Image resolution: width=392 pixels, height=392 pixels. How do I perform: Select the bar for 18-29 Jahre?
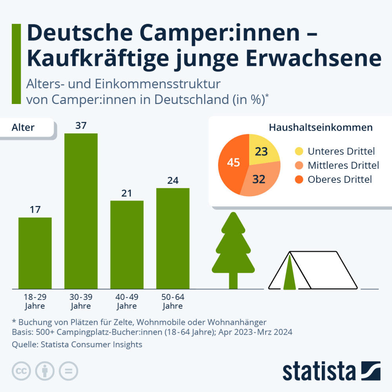pos(35,253)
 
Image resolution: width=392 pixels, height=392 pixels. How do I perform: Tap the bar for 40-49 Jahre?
pos(127,245)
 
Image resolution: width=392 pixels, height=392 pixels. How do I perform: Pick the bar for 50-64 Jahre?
pos(173,239)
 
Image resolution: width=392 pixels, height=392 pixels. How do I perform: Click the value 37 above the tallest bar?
pos(81,126)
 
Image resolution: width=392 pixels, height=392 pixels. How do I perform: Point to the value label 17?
pos(35,210)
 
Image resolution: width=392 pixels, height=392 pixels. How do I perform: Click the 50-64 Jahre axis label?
pos(173,301)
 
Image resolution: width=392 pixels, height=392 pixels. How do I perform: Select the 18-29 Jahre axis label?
pos(35,301)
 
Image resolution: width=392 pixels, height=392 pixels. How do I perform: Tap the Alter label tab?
pos(24,128)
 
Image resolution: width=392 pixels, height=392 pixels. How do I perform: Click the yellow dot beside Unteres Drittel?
pos(299,151)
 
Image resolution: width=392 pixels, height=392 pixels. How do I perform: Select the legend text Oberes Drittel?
pos(340,179)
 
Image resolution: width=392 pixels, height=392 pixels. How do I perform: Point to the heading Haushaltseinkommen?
pos(321,128)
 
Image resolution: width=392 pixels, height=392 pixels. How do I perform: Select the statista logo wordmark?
pos(319,371)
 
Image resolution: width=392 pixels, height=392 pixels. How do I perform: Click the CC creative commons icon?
pos(22,371)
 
